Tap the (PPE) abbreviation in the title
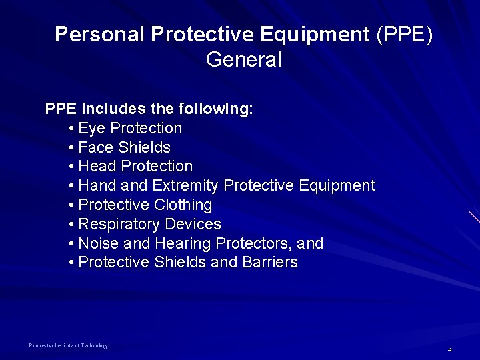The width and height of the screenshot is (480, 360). [404, 35]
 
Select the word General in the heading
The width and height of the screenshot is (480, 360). [244, 60]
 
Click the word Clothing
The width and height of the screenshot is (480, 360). [182, 205]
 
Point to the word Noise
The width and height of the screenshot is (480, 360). [99, 243]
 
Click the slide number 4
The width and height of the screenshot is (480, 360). [450, 350]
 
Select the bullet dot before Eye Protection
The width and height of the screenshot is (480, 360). [71, 128]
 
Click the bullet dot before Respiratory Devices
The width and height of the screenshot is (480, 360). [71, 225]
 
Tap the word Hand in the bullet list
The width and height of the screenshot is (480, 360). [97, 185]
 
